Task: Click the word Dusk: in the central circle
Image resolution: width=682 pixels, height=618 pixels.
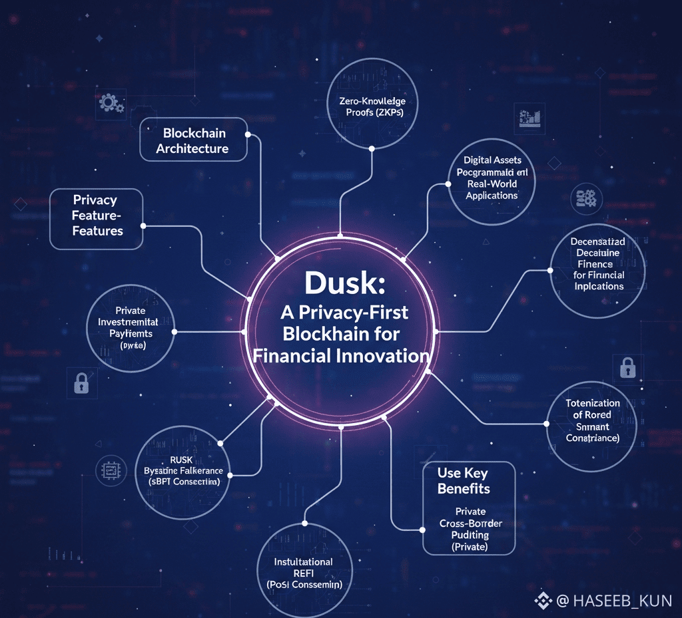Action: coord(340,283)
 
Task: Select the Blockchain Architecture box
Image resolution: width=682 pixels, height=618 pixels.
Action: coord(193,140)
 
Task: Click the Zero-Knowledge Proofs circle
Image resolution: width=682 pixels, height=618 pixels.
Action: coord(372,107)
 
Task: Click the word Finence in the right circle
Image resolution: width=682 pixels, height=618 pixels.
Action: coord(595,264)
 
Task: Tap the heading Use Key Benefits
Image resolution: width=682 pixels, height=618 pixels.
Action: coord(464,481)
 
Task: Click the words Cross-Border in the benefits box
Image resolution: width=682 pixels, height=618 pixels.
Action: coord(470,524)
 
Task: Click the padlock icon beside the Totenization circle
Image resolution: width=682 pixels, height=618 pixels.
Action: coord(627,367)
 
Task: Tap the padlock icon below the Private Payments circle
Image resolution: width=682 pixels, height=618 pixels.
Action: coord(81,383)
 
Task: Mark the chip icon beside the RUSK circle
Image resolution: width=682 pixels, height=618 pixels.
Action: coord(111,470)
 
